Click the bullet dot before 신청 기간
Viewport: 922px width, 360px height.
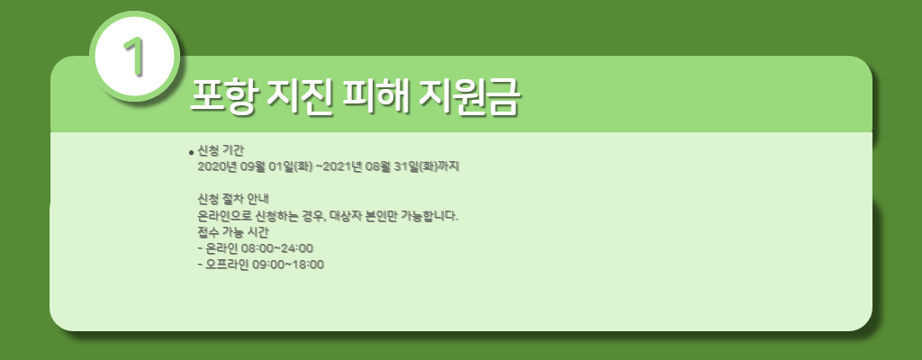point(191,152)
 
